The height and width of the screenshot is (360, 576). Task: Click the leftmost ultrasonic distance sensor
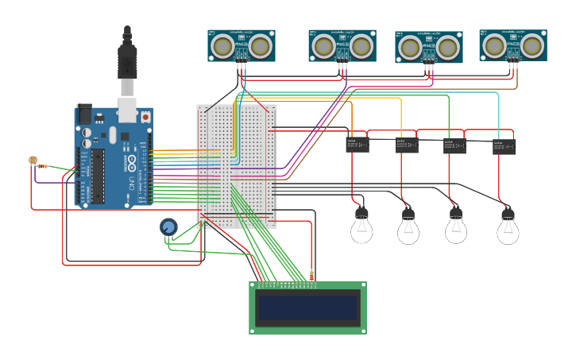[x=242, y=45]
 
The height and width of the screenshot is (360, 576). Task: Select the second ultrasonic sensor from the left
[x=342, y=45]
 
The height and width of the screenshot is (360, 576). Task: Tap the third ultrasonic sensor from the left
[x=429, y=47]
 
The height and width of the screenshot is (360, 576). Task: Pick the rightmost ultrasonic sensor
[x=513, y=45]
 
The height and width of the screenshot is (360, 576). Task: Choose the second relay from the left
[x=407, y=145]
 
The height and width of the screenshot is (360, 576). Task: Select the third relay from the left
[x=454, y=145]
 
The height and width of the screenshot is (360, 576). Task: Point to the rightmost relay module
[x=504, y=146]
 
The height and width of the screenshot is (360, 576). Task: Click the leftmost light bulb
[x=361, y=227]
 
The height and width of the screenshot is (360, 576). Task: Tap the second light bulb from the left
[x=408, y=229]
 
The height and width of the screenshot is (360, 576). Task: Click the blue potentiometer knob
[x=168, y=227]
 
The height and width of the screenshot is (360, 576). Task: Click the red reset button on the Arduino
[x=145, y=117]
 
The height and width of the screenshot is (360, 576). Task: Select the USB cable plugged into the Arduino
[x=127, y=68]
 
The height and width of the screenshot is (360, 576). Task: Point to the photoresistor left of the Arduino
[x=33, y=161]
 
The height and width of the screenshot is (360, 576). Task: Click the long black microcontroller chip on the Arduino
[x=98, y=175]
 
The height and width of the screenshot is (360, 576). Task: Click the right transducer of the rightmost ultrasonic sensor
[x=533, y=45]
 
